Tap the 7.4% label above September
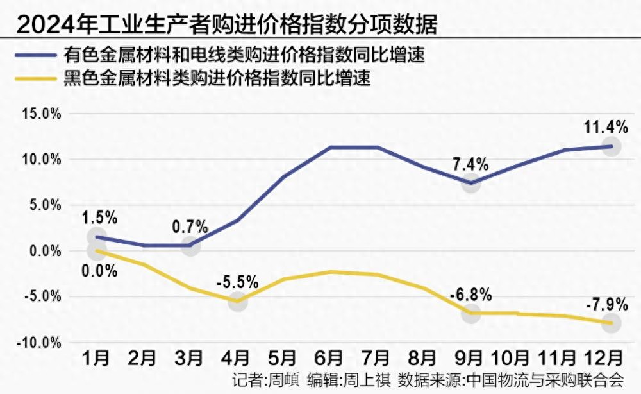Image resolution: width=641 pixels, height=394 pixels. (x=471, y=164)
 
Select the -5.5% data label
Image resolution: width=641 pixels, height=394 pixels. (x=238, y=282)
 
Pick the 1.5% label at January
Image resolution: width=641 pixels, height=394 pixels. (x=100, y=218)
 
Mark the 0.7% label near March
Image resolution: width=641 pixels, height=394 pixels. (x=190, y=227)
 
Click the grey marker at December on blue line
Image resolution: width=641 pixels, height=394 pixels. (x=612, y=146)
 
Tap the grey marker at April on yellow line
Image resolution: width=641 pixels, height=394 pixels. (x=238, y=301)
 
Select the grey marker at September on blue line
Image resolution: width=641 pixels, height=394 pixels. (x=471, y=183)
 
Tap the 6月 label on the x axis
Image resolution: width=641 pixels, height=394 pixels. (x=330, y=357)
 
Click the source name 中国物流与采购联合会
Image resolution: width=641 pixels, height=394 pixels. (x=545, y=379)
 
